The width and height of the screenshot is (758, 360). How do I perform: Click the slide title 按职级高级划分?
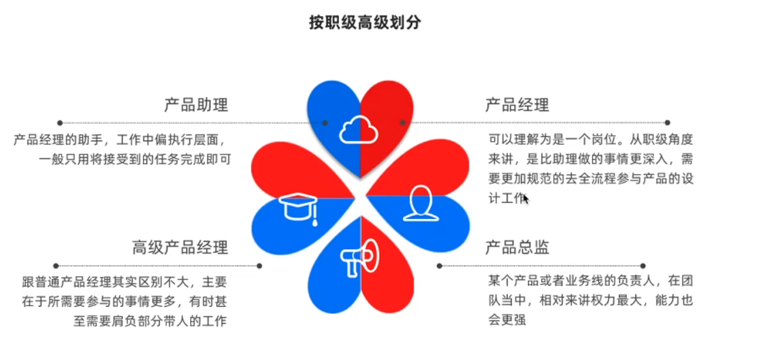coord(365,23)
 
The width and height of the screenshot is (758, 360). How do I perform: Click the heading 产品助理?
coord(196,105)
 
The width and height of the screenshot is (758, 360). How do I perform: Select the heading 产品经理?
coord(517,105)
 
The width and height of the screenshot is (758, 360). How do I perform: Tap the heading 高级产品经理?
coord(180,247)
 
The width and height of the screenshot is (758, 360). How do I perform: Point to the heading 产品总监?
coord(517,247)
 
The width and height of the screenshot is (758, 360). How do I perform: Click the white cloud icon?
coord(359,130)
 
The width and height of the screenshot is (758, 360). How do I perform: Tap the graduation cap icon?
coord(299,208)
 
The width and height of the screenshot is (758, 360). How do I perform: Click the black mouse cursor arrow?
coord(526,199)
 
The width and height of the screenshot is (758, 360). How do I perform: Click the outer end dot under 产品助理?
coord(60,123)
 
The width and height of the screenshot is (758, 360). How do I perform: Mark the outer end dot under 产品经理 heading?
coord(668,123)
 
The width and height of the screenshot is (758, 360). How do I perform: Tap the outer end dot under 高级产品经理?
coord(56,266)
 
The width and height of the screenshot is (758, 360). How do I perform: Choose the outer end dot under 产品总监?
coord(643,266)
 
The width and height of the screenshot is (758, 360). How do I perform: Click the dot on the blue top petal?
coord(325,123)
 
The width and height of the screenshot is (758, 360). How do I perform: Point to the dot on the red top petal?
coord(402,123)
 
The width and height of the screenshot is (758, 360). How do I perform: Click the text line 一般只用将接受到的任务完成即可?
coord(135,159)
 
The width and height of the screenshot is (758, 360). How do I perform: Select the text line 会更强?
coord(507,319)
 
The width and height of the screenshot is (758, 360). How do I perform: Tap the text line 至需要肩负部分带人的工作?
coord(150,320)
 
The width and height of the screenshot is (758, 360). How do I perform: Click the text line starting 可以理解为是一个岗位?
coord(591,141)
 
